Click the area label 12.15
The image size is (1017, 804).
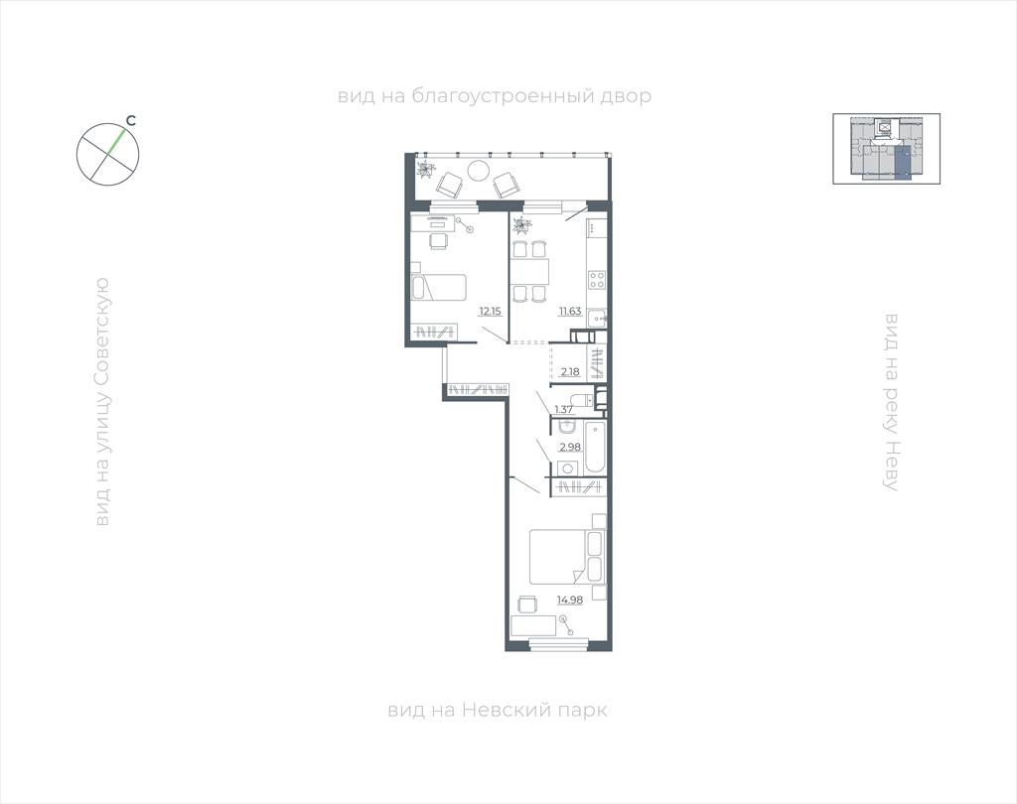click(x=490, y=312)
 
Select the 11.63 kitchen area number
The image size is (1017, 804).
click(x=570, y=312)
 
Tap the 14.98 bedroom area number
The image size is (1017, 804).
click(x=570, y=600)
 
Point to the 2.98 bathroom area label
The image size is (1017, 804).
click(x=570, y=447)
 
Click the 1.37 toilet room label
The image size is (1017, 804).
click(x=564, y=409)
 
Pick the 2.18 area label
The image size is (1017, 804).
click(x=570, y=371)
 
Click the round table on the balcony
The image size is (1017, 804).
click(x=479, y=171)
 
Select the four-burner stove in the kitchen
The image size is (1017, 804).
click(x=597, y=280)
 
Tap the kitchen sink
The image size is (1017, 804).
click(x=597, y=319)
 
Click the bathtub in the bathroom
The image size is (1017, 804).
click(x=595, y=447)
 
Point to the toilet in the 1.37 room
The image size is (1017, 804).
click(x=582, y=399)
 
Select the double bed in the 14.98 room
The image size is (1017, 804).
click(x=567, y=557)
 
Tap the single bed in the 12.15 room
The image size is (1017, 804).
click(x=438, y=287)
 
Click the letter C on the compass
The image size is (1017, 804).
click(x=131, y=121)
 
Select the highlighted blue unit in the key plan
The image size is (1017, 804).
click(x=902, y=162)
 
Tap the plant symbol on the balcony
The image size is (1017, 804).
click(x=425, y=169)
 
